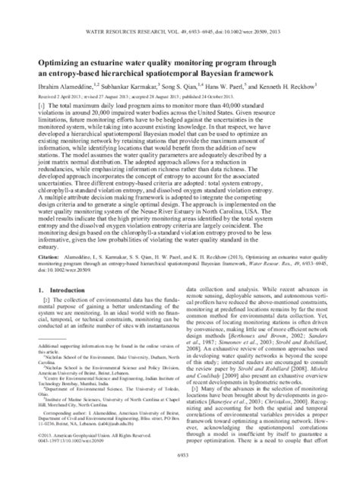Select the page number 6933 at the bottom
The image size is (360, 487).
coord(179,477)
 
